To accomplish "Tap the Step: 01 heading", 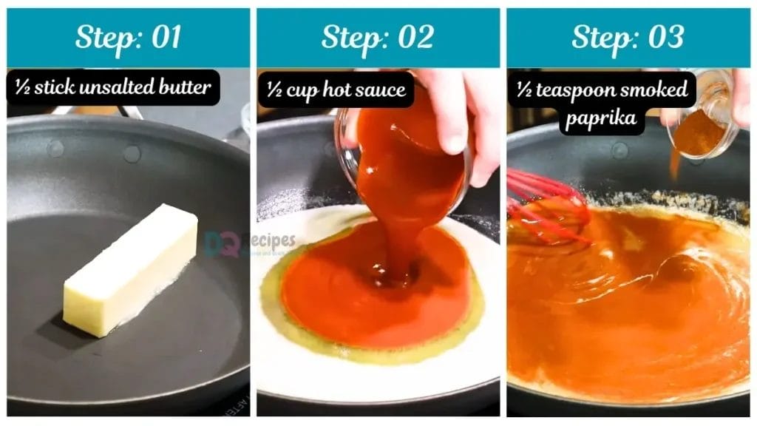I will click(x=128, y=38).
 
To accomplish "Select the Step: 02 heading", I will click(x=378, y=38).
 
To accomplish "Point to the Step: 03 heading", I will click(x=628, y=38).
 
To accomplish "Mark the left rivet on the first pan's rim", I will click(x=55, y=149).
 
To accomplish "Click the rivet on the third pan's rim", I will click(x=620, y=150).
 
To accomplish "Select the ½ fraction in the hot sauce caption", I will click(x=275, y=90).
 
